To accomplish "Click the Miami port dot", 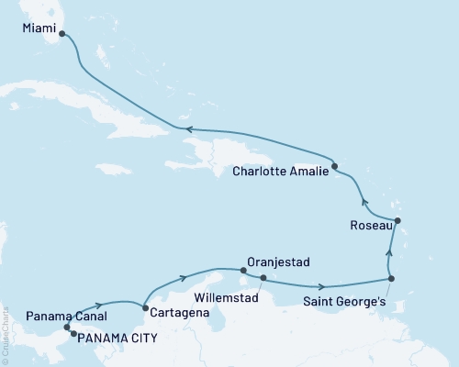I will pos(63,38).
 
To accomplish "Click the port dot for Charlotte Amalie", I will pos(335,166).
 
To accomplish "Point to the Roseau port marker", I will pos(397,220).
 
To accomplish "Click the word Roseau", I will pos(371,225).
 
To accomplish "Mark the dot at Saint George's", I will pos(392,279).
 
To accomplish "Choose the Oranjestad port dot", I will pos(243,270).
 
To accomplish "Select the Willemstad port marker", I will pos(263,277).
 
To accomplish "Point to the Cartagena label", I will pos(176,313).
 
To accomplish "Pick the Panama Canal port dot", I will pos(66,328).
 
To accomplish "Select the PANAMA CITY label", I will pos(116,338).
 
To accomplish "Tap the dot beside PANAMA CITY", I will pos(73,334).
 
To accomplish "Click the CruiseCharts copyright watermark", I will pos(6,331).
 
